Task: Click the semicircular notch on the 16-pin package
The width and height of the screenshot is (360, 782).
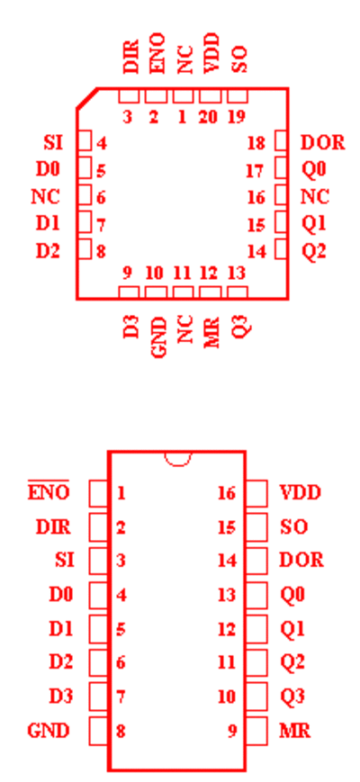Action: coord(177,463)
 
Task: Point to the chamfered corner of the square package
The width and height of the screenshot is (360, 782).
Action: coord(86,98)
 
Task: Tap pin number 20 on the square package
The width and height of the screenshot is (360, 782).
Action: coord(209,117)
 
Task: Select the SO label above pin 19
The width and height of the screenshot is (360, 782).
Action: coord(239,60)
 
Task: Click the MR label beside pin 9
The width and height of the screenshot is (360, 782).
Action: coord(294,731)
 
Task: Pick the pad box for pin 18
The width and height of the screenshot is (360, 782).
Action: coord(281,140)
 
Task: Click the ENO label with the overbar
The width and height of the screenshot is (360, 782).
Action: coord(49,491)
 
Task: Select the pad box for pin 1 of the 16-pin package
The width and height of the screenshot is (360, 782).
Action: coord(99,493)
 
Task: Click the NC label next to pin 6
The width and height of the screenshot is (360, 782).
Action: coord(45,197)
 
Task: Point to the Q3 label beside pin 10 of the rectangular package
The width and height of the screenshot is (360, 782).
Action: coord(292,697)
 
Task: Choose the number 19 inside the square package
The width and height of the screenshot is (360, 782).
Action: coord(237,117)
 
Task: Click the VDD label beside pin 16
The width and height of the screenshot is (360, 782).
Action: coord(301,493)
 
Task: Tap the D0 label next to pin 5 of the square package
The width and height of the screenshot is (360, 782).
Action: coord(48,169)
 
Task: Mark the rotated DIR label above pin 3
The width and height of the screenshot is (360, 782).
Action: coord(130,54)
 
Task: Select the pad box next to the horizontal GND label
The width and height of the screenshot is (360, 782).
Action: coord(99,731)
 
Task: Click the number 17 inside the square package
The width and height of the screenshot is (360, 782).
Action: coord(255,171)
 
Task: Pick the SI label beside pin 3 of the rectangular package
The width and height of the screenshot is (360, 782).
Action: coord(65,561)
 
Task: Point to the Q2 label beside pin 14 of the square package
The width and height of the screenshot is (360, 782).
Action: coord(314,251)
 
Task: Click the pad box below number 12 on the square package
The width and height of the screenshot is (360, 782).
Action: coord(210,292)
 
